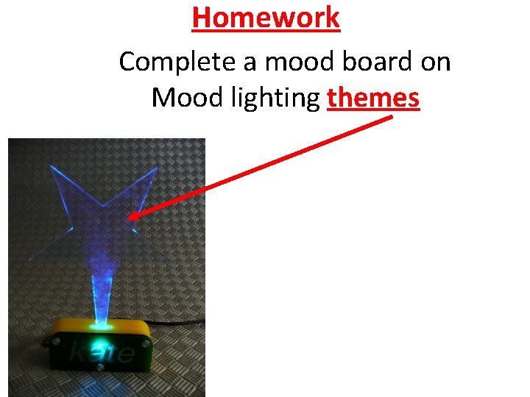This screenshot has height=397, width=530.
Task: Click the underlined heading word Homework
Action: [266, 18]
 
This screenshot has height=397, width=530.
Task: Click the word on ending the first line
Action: [435, 62]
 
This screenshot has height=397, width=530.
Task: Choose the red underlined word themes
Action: [373, 98]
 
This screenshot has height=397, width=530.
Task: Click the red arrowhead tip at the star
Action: [130, 217]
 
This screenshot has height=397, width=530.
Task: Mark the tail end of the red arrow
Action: [390, 118]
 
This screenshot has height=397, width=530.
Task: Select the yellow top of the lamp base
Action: [99, 325]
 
